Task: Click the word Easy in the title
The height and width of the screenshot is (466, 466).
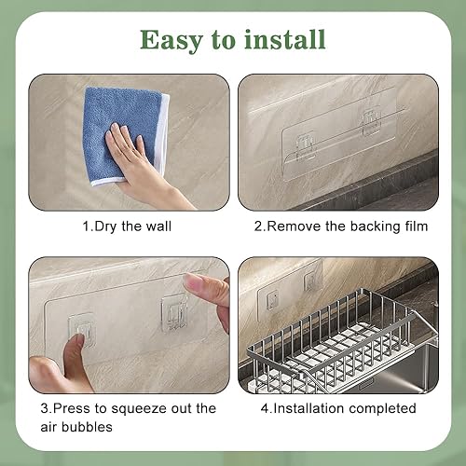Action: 171,41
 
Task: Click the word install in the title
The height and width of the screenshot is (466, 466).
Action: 285,39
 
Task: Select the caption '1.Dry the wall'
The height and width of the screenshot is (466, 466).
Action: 127,226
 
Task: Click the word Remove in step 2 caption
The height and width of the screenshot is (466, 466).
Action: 294,226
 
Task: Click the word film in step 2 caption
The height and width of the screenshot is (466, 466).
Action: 417,226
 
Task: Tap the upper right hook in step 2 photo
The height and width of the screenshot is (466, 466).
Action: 371,121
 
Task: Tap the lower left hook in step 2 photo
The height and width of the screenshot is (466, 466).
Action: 306,147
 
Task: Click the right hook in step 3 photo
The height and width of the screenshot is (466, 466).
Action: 174,312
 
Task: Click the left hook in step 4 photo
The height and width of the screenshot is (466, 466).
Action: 272,299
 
